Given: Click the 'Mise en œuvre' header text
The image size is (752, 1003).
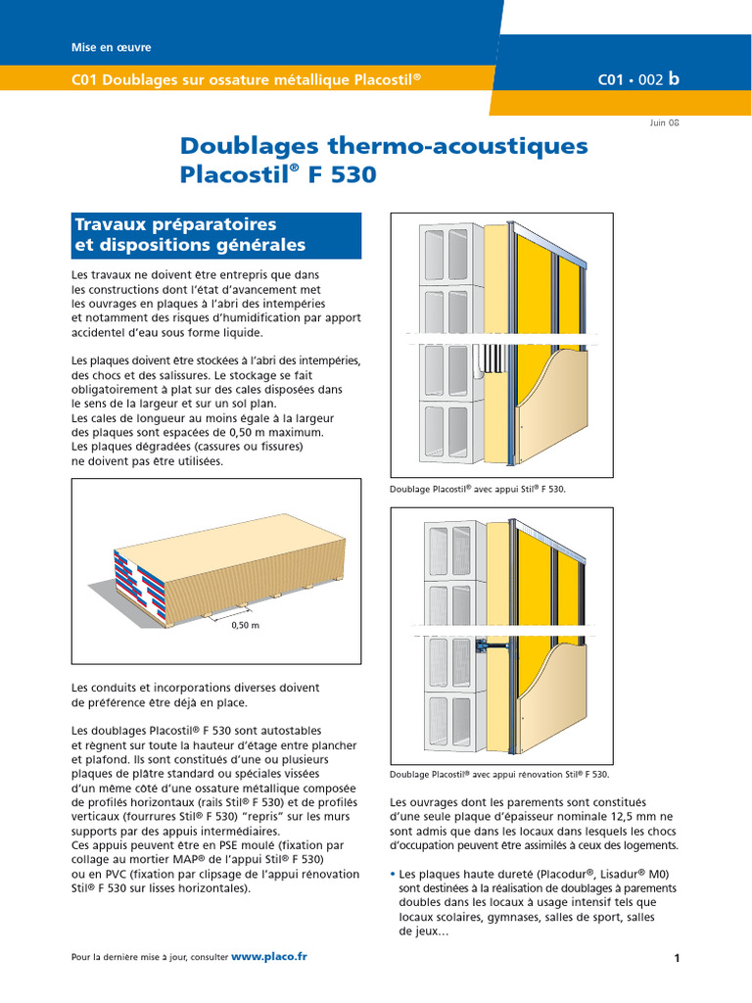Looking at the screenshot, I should coord(112,47).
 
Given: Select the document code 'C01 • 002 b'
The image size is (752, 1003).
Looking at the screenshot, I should coord(637,79).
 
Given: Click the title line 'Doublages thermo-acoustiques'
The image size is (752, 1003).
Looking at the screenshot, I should coord(384,146).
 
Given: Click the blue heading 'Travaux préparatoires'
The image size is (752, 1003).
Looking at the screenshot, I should coord(175,224).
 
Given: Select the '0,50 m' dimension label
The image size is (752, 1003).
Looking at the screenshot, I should coord(245,625).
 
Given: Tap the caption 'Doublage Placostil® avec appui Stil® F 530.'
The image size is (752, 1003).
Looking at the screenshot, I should coord(477,487).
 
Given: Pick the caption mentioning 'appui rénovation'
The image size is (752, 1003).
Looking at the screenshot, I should coord(499,774).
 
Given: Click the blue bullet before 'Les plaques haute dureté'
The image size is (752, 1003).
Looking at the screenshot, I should coord(393,874).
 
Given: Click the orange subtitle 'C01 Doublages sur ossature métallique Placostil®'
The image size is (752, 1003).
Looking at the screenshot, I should coord(247,78).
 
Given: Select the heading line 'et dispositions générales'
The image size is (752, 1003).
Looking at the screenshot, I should coord(190,246).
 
